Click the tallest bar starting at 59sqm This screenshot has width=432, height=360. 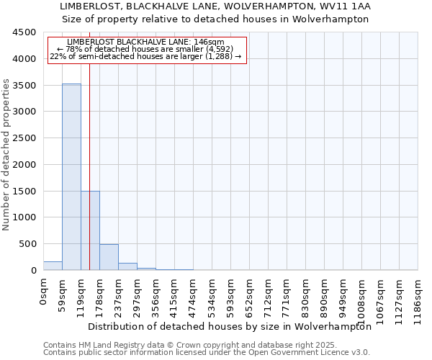point(71,176)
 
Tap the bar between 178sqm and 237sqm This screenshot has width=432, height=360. point(109,257)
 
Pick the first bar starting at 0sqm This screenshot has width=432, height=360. point(53,266)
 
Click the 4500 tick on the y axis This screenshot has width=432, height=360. point(24,32)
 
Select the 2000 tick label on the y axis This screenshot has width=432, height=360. point(24,165)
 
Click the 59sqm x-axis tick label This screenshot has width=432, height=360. point(63,294)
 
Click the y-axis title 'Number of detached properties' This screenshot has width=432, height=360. point(6,155)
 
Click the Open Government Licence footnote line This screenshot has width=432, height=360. point(207,353)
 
